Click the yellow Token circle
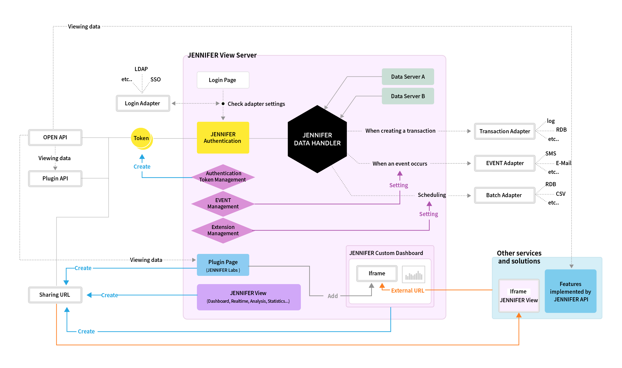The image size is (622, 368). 142,138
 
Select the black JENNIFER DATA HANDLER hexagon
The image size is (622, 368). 317,139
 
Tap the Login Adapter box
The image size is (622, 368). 143,103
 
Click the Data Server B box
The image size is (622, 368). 408,96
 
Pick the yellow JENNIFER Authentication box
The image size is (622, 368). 223,138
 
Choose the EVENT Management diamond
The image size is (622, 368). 223,203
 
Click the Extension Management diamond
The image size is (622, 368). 223,230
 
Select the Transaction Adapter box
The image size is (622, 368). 504,131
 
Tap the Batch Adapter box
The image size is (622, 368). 504,195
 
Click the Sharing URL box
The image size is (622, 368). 55,295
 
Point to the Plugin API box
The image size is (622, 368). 55,179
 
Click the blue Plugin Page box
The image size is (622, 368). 223,265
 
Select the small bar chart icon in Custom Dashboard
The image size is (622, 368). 413,274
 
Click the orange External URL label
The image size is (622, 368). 407,291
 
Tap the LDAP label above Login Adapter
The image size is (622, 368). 141,69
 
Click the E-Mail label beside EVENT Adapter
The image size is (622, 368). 563,163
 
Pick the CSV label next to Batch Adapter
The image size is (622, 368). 560,194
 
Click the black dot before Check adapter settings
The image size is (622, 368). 223,104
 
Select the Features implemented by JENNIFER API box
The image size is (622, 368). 570,291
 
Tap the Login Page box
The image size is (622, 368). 223,80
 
